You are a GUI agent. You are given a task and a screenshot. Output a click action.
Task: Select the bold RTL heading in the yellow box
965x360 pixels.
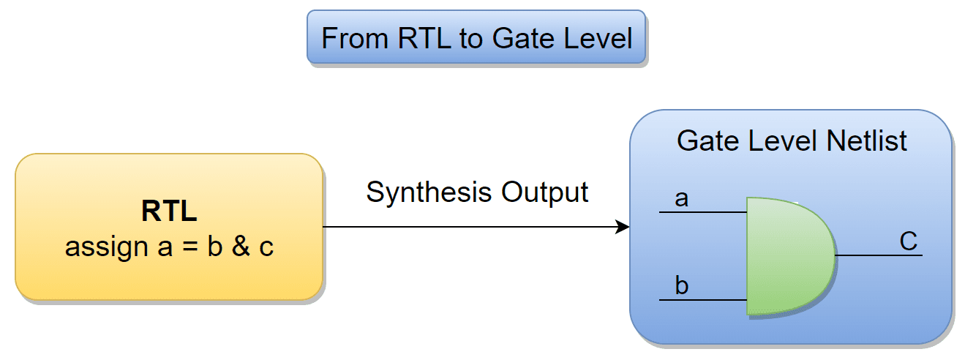169,211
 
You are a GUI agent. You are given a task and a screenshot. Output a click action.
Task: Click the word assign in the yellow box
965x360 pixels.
106,247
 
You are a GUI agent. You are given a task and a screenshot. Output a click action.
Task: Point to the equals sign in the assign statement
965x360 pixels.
189,247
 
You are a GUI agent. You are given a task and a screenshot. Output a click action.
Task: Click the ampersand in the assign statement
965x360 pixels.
241,247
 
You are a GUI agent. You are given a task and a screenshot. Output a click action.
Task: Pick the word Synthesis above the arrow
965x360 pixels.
429,192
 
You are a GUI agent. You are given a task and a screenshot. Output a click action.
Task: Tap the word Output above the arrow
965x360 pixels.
544,192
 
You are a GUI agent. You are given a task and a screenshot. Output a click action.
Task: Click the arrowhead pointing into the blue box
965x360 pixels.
623,227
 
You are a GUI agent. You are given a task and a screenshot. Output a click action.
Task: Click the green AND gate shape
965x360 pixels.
791,257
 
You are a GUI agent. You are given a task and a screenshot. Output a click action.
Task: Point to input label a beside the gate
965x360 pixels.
682,199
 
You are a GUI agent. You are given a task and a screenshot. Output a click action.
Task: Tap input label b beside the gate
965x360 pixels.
682,285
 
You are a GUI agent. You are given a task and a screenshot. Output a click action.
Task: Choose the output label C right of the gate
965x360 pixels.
909,241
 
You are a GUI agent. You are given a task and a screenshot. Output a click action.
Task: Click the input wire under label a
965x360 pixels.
703,212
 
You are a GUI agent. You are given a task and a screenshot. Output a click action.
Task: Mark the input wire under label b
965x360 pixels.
703,300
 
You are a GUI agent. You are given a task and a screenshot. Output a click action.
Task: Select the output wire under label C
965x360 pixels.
879,255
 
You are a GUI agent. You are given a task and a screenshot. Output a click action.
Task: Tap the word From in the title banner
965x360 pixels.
355,38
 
